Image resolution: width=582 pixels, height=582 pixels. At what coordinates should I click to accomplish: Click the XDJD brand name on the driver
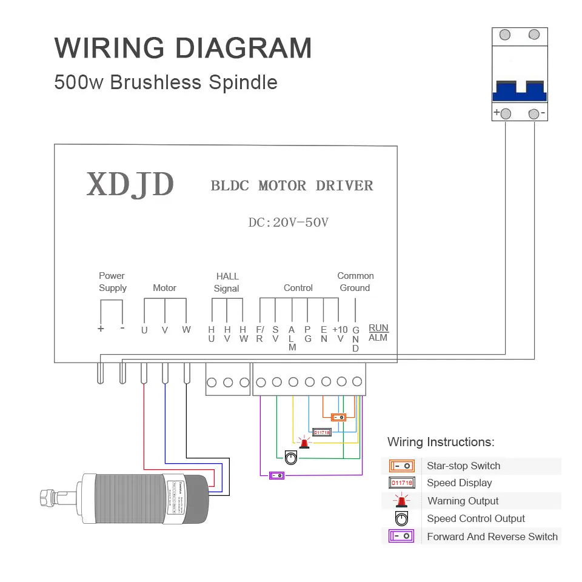point(130,184)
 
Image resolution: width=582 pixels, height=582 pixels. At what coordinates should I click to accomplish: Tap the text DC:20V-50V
point(289,222)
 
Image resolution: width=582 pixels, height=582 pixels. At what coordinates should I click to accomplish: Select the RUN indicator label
point(378,328)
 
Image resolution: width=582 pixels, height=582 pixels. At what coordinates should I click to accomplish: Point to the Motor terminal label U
point(144,330)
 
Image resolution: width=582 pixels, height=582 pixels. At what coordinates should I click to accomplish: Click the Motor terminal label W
point(186,330)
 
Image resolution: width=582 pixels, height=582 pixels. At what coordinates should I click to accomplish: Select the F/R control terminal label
point(259,334)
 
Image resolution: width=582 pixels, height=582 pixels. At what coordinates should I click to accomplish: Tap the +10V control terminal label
point(340,334)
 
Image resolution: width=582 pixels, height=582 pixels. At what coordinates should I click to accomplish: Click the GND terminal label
point(356,339)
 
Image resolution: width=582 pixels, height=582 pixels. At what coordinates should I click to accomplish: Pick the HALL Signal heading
point(227,283)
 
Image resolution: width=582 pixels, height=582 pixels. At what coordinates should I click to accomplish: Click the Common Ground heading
point(355,282)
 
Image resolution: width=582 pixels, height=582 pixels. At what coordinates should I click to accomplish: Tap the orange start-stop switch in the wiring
point(339,417)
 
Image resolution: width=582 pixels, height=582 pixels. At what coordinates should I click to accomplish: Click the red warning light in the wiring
point(303,443)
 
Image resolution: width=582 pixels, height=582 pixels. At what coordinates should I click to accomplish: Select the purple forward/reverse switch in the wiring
point(277,475)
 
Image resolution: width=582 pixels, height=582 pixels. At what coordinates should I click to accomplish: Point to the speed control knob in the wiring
point(290,458)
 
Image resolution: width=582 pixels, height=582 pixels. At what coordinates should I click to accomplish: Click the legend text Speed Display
point(459,483)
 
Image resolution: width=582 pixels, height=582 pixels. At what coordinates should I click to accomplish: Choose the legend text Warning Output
point(463,501)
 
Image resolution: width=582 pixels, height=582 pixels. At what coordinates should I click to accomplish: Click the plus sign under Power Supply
point(101,329)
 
